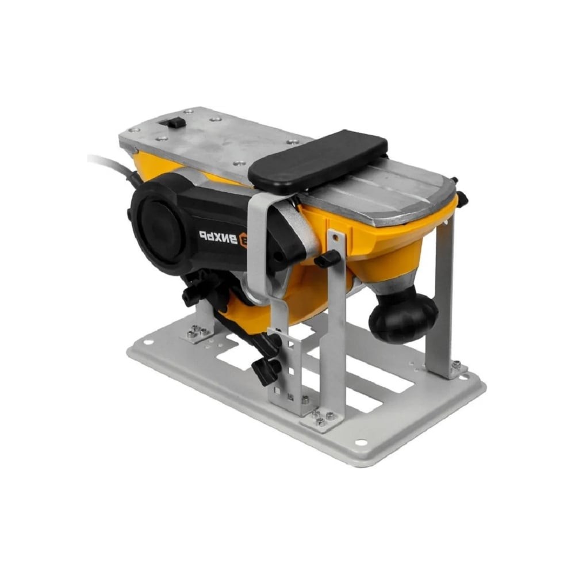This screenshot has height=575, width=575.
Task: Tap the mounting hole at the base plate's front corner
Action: pyautogui.click(x=361, y=442)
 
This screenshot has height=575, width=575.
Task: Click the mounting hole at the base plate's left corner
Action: pyautogui.click(x=148, y=343)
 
